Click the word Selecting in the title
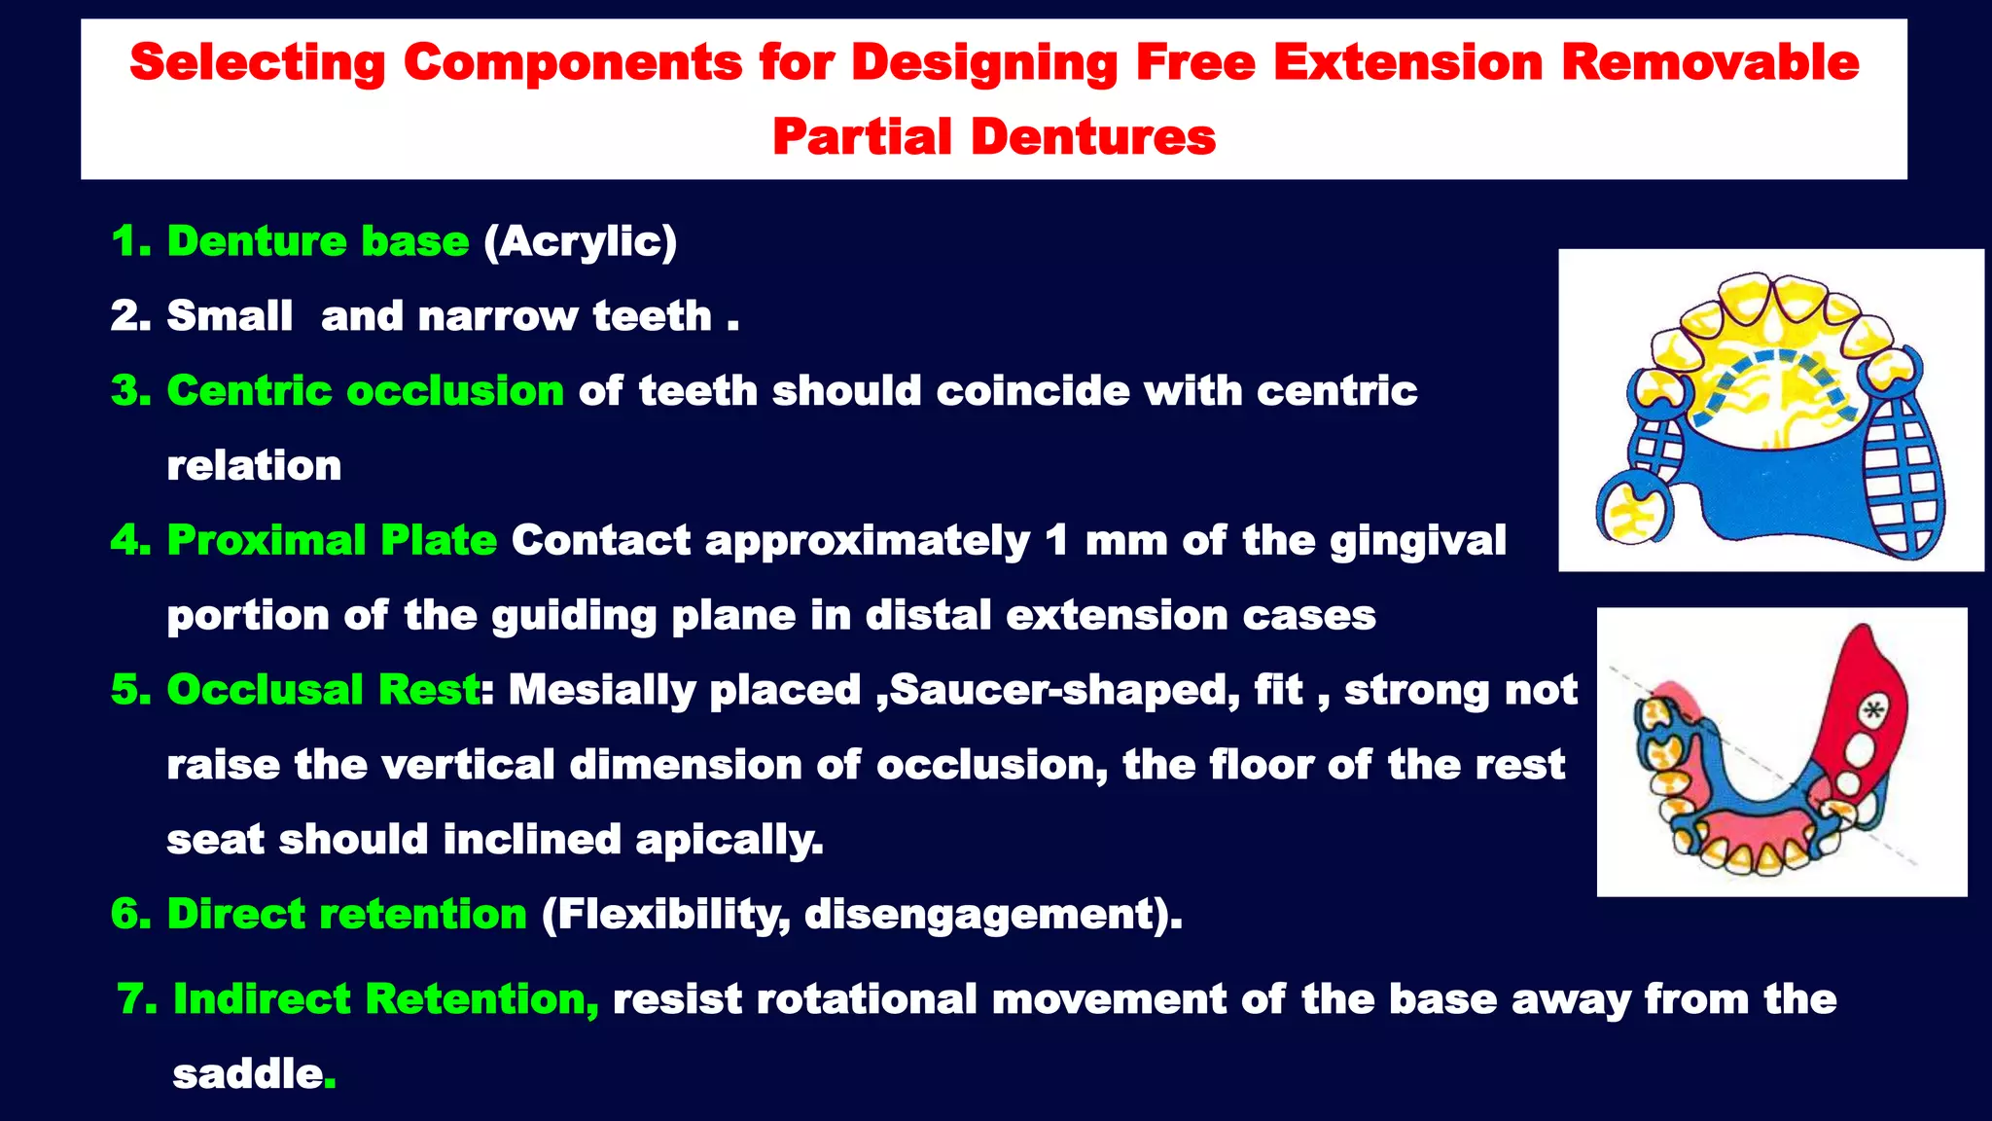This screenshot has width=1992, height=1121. click(x=257, y=62)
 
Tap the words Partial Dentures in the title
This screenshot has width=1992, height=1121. click(x=993, y=136)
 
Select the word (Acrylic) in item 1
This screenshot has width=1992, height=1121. click(x=580, y=241)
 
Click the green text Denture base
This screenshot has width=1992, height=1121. click(x=318, y=241)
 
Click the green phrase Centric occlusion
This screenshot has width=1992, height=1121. click(x=365, y=391)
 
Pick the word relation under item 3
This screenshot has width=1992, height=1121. click(x=254, y=466)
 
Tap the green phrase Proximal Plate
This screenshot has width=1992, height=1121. click(x=332, y=540)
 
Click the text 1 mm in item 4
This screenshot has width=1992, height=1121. click(x=1106, y=540)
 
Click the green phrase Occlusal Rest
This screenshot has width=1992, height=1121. click(x=323, y=690)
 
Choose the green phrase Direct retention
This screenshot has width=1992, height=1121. click(x=346, y=915)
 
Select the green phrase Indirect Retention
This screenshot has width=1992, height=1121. click(x=385, y=999)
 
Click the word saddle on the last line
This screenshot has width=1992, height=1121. click(x=247, y=1074)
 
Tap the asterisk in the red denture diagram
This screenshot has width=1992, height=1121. click(x=1871, y=711)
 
